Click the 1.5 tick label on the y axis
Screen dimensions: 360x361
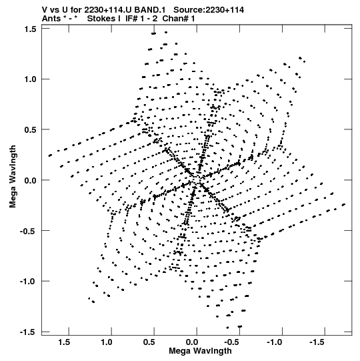click(x=31, y=29)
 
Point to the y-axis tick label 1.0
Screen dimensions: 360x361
click(x=31, y=79)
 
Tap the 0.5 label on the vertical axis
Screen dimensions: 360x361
click(x=31, y=130)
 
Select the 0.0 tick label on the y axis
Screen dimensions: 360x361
click(x=31, y=180)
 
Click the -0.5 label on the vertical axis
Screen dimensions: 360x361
click(x=28, y=231)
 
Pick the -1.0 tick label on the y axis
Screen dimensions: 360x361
click(x=28, y=282)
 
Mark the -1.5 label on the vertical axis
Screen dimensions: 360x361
click(x=28, y=332)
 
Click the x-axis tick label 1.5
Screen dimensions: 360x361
click(x=64, y=342)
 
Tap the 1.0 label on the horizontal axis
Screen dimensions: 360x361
click(x=107, y=342)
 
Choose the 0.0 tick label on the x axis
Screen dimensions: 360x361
click(x=192, y=342)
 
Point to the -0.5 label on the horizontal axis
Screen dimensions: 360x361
click(x=232, y=342)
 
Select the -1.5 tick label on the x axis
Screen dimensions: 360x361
click(x=317, y=342)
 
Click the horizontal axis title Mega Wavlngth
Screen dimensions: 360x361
click(x=200, y=351)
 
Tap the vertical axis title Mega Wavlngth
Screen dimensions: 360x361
click(x=13, y=177)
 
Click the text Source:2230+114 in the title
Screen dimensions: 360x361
click(x=209, y=10)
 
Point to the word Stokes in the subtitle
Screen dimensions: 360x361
click(x=101, y=19)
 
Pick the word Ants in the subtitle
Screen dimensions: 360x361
click(x=51, y=19)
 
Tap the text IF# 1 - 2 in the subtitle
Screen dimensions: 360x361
click(x=141, y=19)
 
